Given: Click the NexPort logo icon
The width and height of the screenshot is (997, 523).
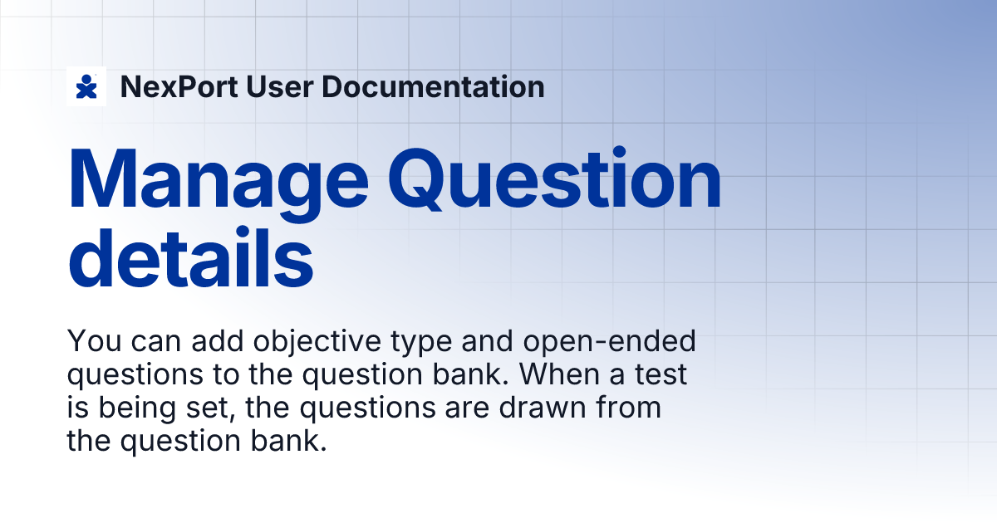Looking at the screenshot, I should (x=86, y=86).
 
